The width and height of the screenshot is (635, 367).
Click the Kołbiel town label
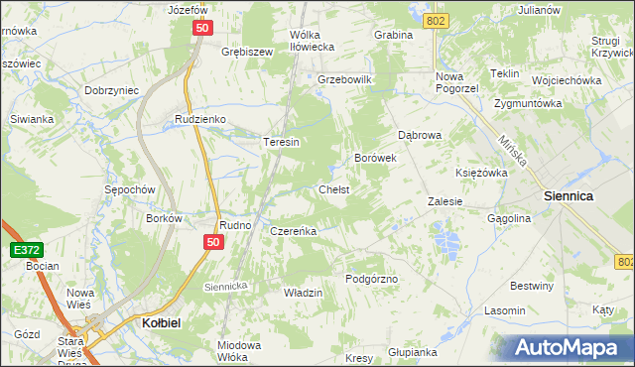tap(154, 322)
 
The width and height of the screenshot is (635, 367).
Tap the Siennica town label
tap(569, 196)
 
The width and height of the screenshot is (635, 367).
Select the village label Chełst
tap(333, 188)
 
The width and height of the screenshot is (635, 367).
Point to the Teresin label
tap(281, 142)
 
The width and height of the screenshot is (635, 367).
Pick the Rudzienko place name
tap(200, 119)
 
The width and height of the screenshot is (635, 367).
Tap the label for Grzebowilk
tap(343, 78)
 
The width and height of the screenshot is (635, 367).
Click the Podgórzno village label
tap(371, 280)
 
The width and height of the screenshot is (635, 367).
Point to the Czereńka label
tap(293, 231)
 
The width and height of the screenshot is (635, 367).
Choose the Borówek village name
tap(375, 158)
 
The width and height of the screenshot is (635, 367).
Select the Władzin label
tap(304, 294)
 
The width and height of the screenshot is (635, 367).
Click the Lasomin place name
tap(504, 310)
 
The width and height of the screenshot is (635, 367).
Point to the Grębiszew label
tap(247, 51)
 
